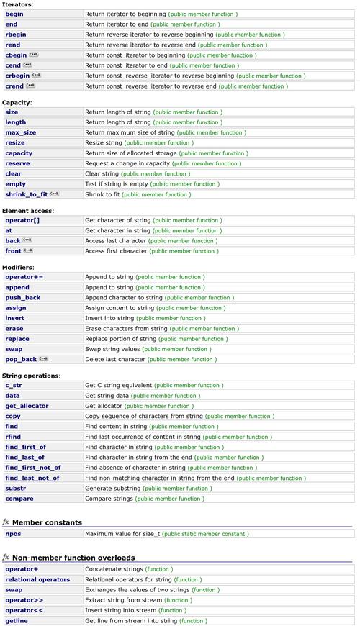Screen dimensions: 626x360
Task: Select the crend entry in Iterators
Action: click(14, 86)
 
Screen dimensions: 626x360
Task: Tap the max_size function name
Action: click(20, 132)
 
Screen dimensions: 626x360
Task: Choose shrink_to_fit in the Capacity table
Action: click(26, 194)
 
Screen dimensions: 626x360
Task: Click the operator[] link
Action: click(22, 220)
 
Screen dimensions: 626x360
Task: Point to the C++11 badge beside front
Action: click(28, 251)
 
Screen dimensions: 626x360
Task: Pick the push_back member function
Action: click(22, 297)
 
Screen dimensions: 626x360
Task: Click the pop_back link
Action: click(20, 359)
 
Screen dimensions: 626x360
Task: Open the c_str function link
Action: click(14, 385)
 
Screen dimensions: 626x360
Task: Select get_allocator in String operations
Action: click(27, 406)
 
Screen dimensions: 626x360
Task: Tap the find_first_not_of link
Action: click(32, 468)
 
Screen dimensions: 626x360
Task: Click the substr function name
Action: click(16, 488)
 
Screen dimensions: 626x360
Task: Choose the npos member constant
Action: click(13, 534)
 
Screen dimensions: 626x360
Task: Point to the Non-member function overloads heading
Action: click(73, 558)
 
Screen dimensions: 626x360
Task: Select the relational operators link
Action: click(37, 579)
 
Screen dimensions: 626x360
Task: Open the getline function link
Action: click(17, 620)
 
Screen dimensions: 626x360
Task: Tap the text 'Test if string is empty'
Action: click(116, 184)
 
